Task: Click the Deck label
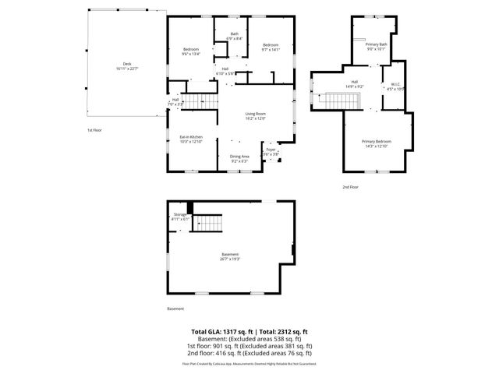(x=126, y=66)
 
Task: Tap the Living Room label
(x=256, y=117)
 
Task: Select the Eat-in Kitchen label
(x=191, y=139)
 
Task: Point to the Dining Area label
(x=239, y=158)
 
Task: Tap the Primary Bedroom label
(x=377, y=143)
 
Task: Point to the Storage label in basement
(x=180, y=216)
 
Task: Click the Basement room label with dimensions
(x=229, y=256)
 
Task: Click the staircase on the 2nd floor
(x=341, y=101)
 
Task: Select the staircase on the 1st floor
(x=202, y=101)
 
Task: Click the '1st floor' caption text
(x=94, y=130)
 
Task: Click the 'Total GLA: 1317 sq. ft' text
(x=221, y=331)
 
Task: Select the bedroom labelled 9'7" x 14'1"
(x=271, y=47)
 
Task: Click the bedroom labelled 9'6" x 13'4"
(x=191, y=51)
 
